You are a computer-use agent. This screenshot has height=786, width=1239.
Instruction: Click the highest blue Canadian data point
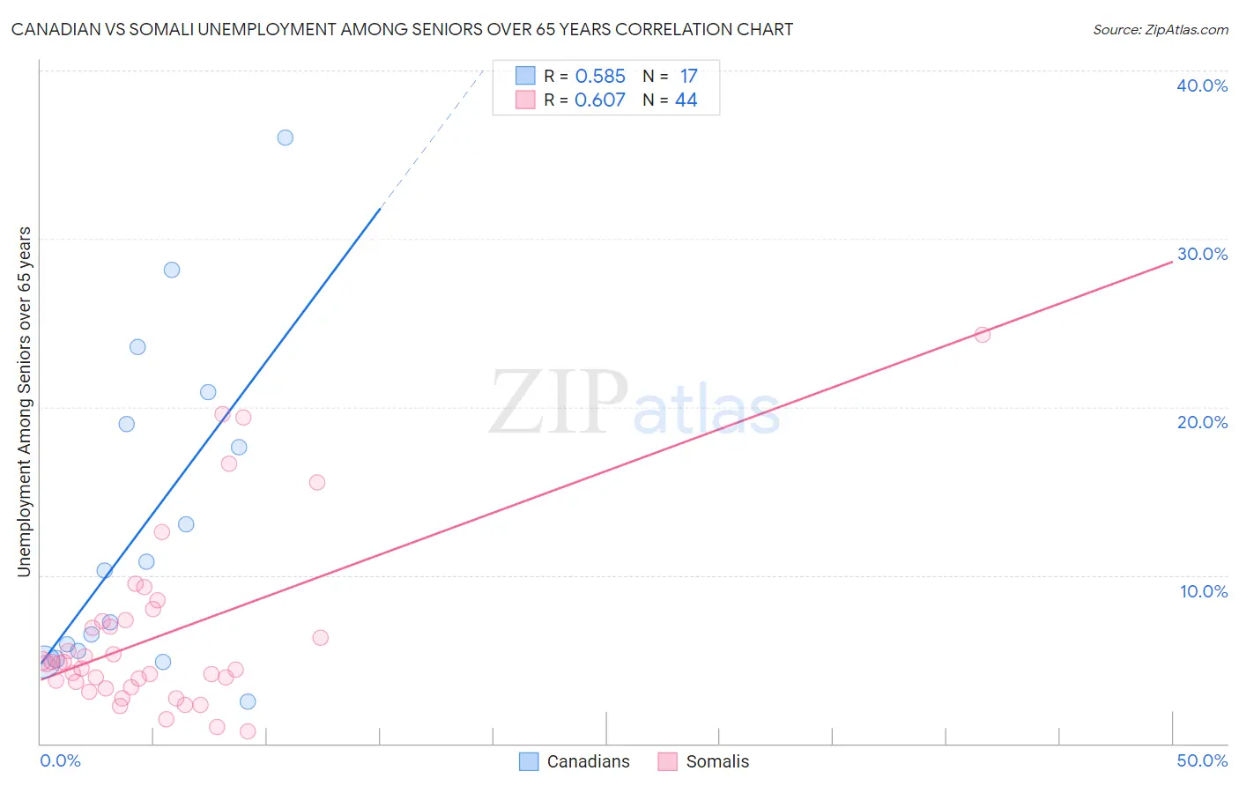(x=285, y=137)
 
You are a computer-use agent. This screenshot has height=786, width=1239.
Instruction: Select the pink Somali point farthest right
(x=982, y=335)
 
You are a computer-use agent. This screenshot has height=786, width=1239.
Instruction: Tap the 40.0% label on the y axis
(x=1202, y=85)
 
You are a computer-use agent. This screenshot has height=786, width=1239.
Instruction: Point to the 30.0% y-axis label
(x=1202, y=254)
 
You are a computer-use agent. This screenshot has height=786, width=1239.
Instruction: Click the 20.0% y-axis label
(x=1202, y=422)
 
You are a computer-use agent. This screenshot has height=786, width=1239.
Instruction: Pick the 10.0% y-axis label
(x=1203, y=591)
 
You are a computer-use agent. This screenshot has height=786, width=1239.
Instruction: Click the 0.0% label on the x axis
(x=60, y=760)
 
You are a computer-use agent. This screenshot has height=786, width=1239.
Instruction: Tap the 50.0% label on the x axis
(x=1202, y=760)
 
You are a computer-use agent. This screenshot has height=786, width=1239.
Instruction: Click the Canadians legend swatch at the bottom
(x=529, y=761)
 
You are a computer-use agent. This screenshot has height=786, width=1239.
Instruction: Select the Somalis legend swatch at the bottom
(x=667, y=761)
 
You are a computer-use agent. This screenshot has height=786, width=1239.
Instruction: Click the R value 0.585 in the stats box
(x=600, y=77)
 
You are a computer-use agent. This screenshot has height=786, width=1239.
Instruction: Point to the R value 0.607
(x=600, y=100)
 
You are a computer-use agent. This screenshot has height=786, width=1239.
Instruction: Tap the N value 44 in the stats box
(x=686, y=100)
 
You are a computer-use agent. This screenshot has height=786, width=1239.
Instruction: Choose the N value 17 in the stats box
(x=688, y=77)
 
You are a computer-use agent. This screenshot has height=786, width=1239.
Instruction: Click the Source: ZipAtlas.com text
(x=1160, y=30)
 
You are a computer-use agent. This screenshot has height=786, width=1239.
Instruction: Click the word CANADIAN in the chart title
(x=55, y=29)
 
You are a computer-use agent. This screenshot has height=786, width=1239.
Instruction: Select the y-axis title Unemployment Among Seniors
(x=24, y=402)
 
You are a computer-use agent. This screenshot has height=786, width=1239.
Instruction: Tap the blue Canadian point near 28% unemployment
(x=172, y=270)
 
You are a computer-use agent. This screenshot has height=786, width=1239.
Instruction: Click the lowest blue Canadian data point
(x=248, y=701)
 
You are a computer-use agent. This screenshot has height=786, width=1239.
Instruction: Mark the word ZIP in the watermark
(x=558, y=404)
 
